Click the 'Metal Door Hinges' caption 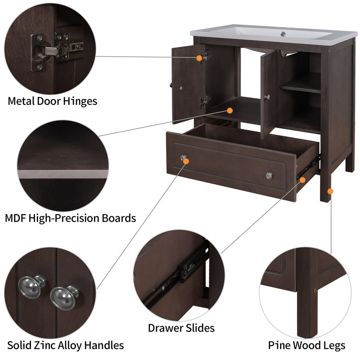pyautogui.click(x=52, y=101)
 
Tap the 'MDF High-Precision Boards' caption pyautogui.click(x=70, y=219)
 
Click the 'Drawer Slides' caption pyautogui.click(x=181, y=328)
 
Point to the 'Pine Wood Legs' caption pyautogui.click(x=307, y=346)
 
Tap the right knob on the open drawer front pyautogui.click(x=269, y=175)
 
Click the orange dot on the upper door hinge pyautogui.click(x=199, y=58)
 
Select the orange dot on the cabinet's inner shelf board pyautogui.click(x=230, y=110)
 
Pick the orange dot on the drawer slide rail pyautogui.click(x=302, y=180)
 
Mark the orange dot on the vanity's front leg pyautogui.click(x=330, y=191)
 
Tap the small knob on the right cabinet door pyautogui.click(x=267, y=97)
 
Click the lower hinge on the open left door pyautogui.click(x=205, y=101)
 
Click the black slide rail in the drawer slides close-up pyautogui.click(x=180, y=274)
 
